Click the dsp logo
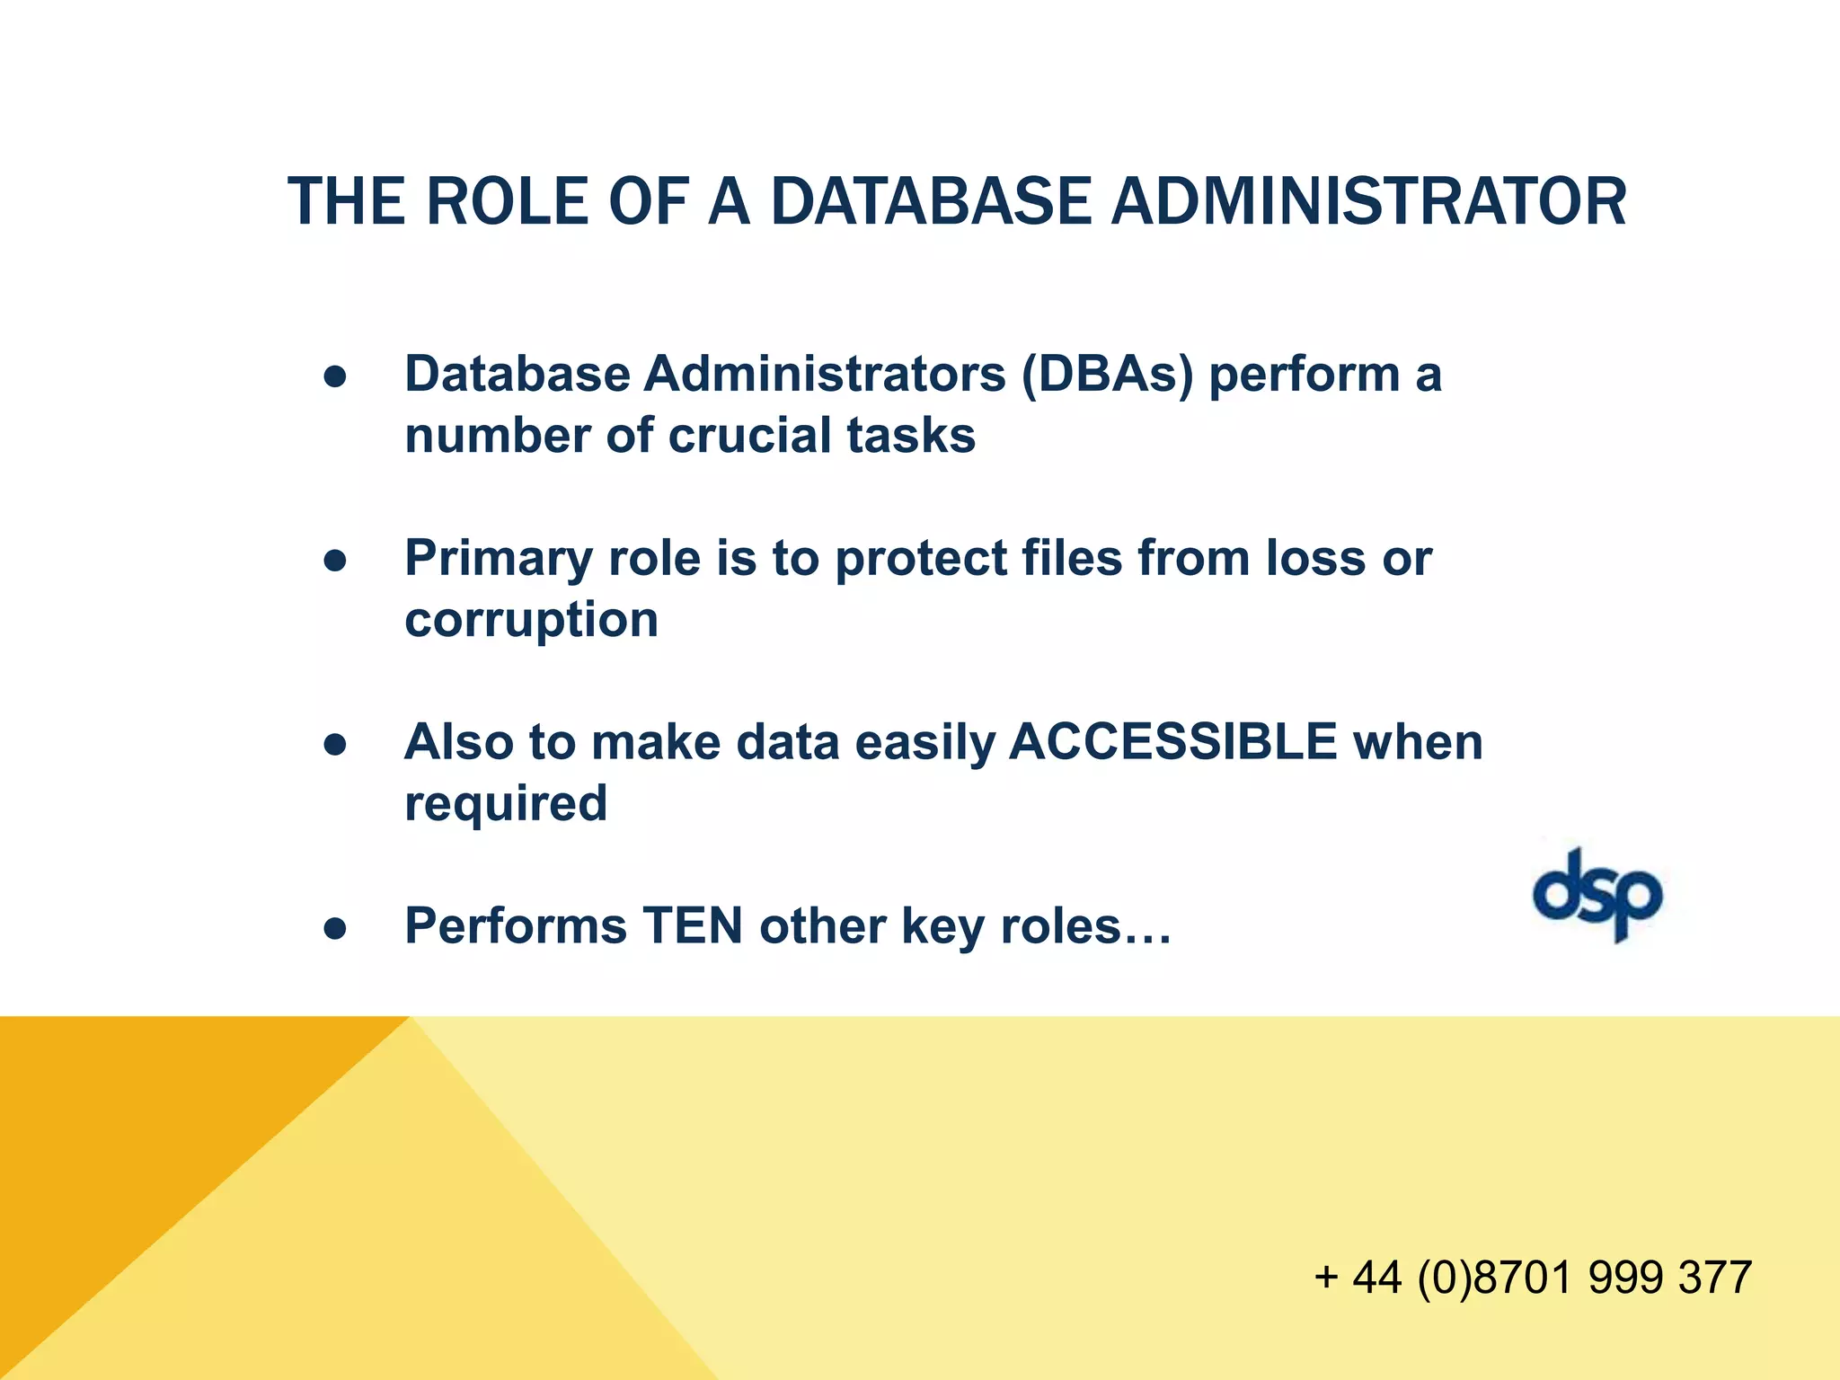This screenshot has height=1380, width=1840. [1597, 895]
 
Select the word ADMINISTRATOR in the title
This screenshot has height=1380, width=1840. [1368, 201]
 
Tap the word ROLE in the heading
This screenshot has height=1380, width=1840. [507, 201]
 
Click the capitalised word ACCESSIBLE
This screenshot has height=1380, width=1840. [1173, 742]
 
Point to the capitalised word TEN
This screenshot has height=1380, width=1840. [692, 925]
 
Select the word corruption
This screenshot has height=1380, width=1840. [531, 620]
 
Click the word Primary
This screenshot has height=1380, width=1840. [498, 558]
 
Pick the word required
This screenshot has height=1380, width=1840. [506, 803]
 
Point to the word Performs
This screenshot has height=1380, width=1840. [515, 925]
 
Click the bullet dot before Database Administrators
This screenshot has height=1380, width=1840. [335, 377]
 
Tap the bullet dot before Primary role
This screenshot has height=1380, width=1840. [335, 562]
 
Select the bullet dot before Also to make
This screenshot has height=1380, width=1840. [335, 745]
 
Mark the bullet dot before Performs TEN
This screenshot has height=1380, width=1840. [335, 929]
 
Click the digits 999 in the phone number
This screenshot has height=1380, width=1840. [1625, 1277]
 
